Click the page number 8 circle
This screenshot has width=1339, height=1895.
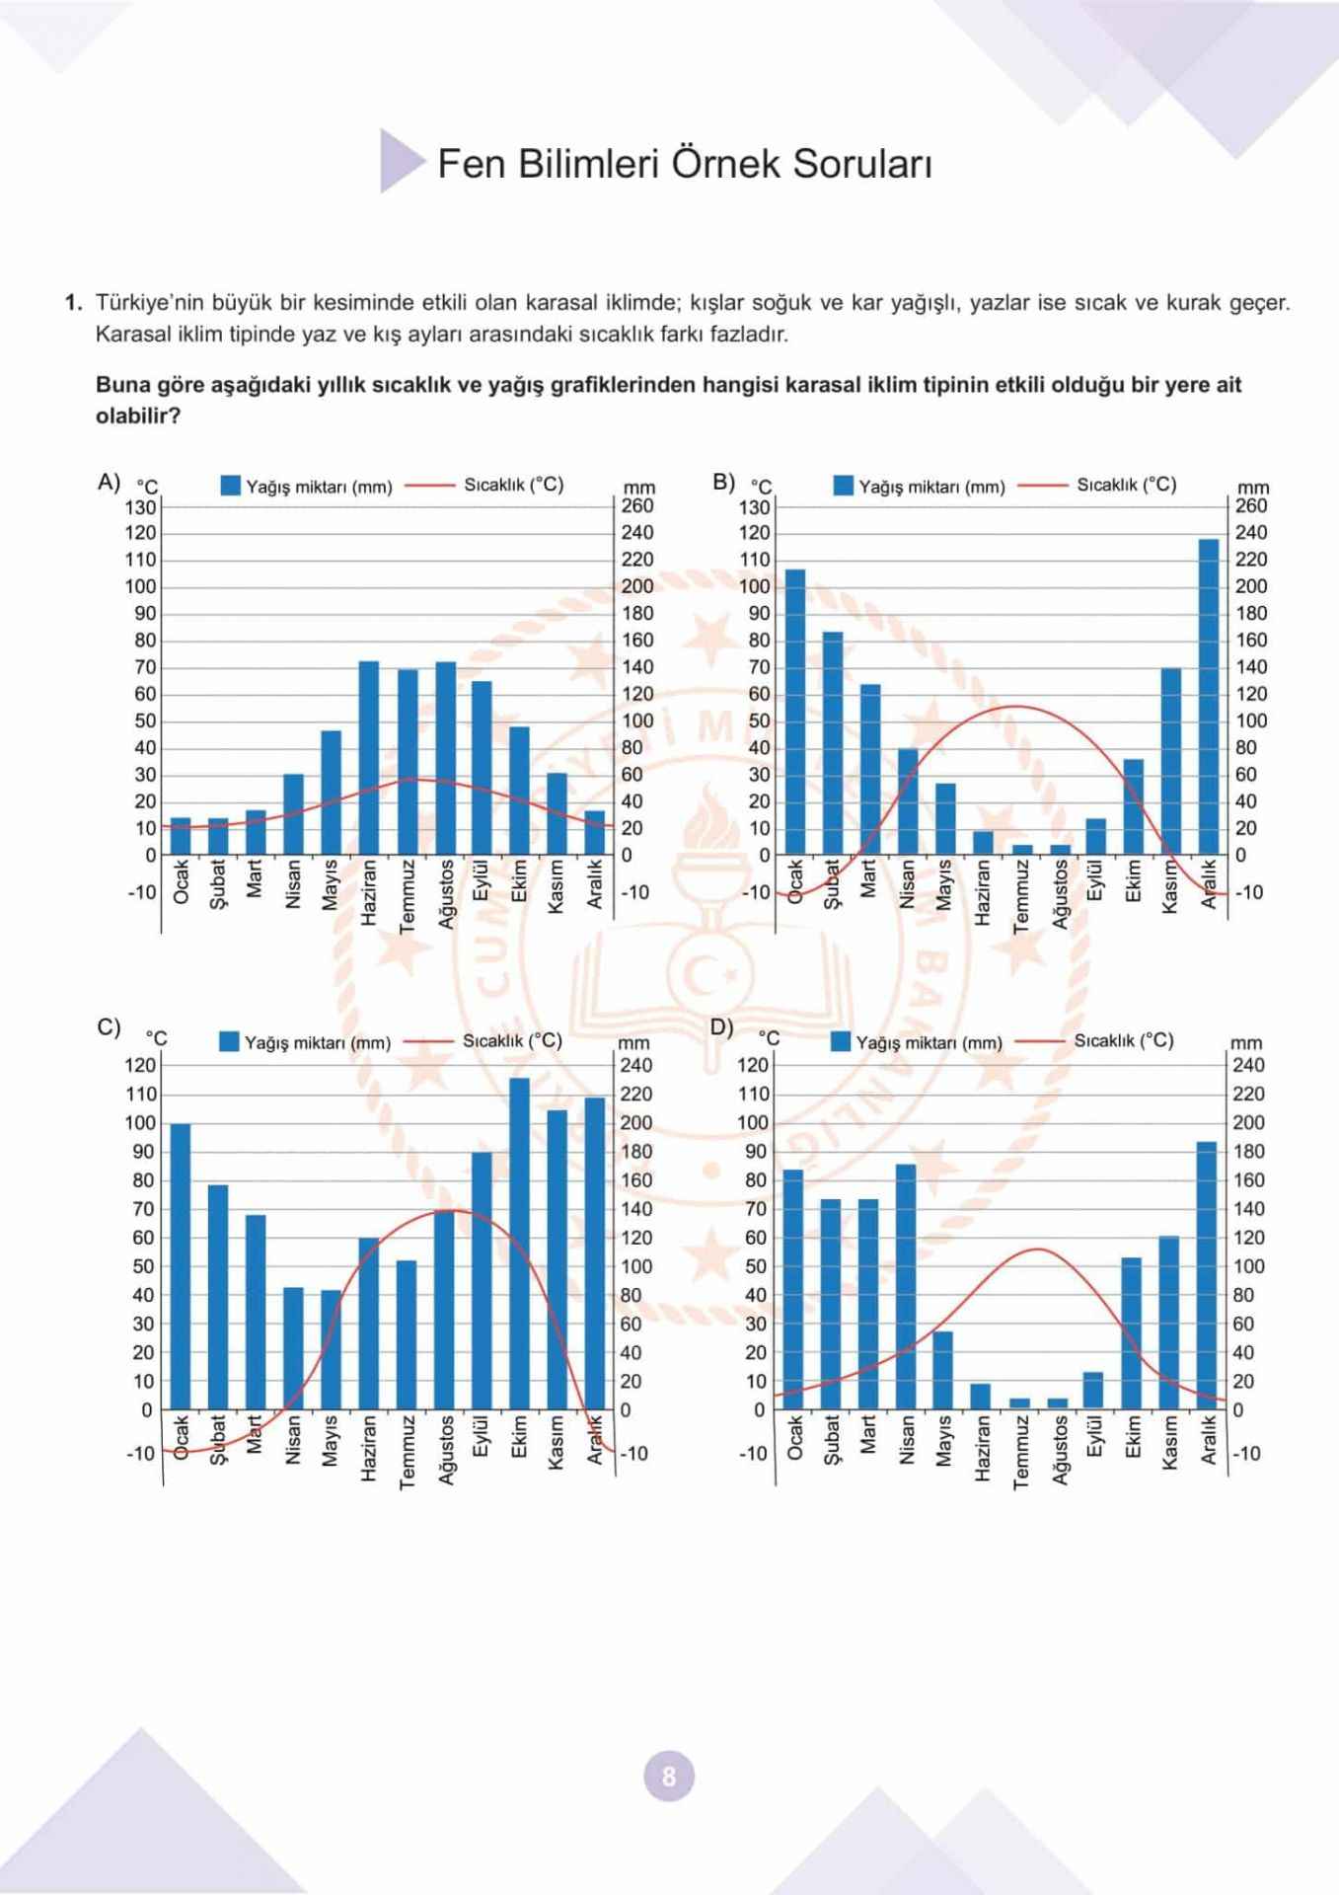tap(669, 1776)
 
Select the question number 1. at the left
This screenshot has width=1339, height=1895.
tap(74, 303)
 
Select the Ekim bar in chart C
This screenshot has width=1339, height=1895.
tap(519, 1244)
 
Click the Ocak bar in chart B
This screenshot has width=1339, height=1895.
tap(795, 712)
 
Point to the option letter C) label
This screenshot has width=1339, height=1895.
tap(109, 1026)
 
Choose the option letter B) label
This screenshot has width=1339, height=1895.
tap(723, 482)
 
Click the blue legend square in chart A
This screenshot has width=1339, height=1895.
tap(231, 486)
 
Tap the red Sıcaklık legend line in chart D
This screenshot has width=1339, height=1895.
tap(1041, 1041)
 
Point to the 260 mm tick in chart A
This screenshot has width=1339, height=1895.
tap(637, 505)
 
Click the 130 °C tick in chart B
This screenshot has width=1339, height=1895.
tap(754, 507)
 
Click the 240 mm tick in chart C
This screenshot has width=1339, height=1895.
tap(635, 1065)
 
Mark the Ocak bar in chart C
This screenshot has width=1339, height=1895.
tap(181, 1266)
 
